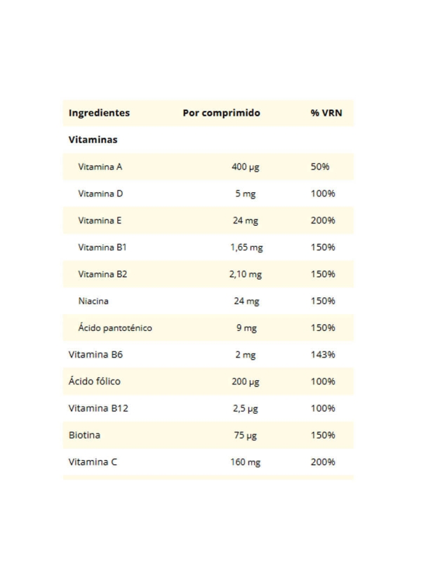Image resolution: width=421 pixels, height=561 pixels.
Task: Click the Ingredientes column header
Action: [x=99, y=113]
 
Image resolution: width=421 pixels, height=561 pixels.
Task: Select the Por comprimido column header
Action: [x=221, y=113]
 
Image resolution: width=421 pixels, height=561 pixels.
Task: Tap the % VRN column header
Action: [x=326, y=113]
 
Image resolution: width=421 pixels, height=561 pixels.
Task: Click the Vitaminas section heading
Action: [x=93, y=140]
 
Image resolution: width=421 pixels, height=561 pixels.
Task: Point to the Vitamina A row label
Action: [x=100, y=167]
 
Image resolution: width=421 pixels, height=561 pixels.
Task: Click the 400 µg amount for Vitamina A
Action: [x=245, y=167]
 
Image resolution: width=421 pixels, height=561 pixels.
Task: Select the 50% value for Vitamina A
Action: [x=320, y=167]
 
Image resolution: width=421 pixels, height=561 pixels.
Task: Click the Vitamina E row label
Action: [x=100, y=220]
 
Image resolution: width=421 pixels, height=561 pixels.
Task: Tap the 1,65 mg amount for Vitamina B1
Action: [x=246, y=248]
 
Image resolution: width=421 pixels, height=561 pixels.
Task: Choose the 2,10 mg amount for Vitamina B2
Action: [x=246, y=274]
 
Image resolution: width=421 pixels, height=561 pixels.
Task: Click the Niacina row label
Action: [x=93, y=301]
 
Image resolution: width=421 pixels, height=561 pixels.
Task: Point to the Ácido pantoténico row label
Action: [x=115, y=327]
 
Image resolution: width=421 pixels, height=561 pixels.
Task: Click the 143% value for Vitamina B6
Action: [x=323, y=355]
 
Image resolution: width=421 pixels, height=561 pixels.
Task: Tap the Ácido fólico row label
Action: [x=94, y=381]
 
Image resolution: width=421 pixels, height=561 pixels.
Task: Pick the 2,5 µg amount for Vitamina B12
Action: [x=245, y=408]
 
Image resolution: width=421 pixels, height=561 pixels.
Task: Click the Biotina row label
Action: [x=84, y=435]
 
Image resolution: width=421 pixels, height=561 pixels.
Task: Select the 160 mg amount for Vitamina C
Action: [x=245, y=462]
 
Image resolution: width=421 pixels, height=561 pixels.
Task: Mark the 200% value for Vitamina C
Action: [x=323, y=462]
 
